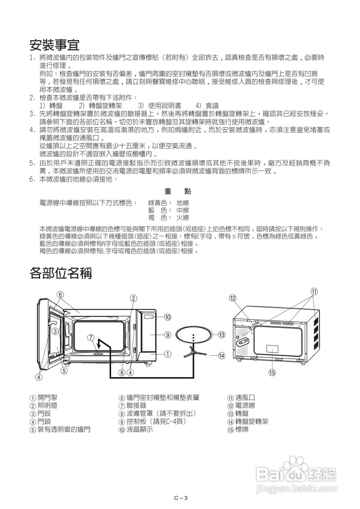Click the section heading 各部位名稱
[61, 273]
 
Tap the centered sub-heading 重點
[178, 192]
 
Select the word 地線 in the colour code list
[183, 202]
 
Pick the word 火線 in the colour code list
[183, 218]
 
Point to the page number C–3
[180, 498]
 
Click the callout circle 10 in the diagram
[168, 317]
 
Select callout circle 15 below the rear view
[272, 372]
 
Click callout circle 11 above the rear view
[314, 291]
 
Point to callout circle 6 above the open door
[60, 295]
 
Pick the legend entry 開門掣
[43, 398]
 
